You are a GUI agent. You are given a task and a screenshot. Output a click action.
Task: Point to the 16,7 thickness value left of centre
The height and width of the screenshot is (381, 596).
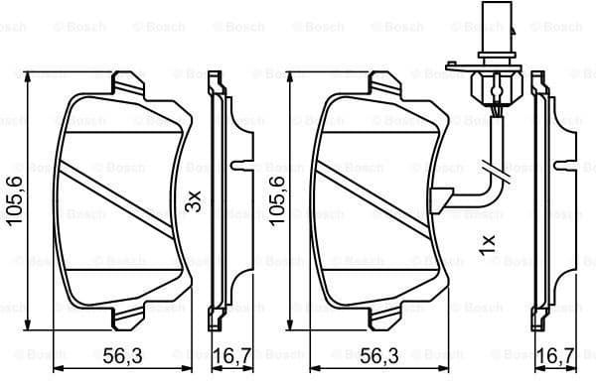[231, 353]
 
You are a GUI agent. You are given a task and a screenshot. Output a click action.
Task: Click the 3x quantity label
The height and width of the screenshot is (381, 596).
[195, 200]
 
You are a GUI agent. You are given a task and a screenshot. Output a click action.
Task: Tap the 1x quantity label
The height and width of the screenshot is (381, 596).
[488, 244]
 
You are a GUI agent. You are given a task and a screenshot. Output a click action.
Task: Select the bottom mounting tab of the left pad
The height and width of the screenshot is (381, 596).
[127, 319]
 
